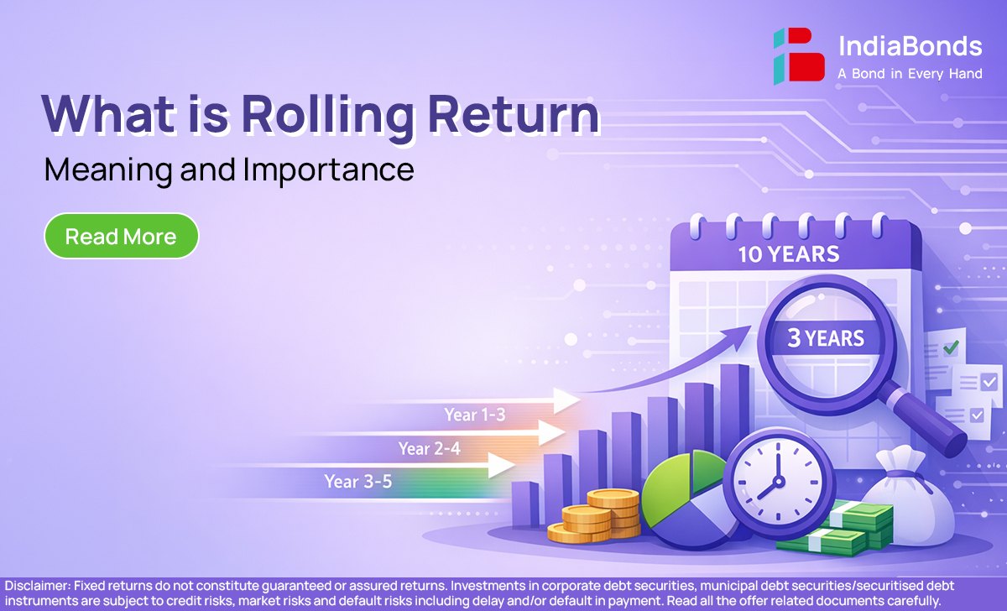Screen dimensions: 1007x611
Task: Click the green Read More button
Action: coord(122,236)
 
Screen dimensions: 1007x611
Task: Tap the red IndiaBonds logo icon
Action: coord(799,55)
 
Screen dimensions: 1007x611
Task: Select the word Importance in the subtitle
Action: coord(329,170)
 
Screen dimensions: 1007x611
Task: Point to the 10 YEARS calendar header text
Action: coord(789,254)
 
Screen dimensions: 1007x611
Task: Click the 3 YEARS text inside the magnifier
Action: coord(826,338)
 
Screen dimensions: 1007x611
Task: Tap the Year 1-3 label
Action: coord(475,415)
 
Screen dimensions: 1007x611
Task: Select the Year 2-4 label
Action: coord(430,448)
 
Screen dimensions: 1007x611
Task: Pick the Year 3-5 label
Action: coord(357,482)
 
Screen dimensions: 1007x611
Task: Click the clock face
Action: coord(779,482)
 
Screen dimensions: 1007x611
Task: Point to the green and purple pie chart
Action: coord(687,499)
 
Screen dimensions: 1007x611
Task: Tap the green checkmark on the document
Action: coord(951,347)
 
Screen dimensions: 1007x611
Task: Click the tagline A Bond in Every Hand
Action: coord(910,73)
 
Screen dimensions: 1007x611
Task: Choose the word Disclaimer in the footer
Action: coord(38,585)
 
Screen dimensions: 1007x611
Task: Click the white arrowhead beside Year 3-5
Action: coord(501,465)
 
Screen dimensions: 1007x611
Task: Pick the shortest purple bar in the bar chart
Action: coord(525,504)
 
